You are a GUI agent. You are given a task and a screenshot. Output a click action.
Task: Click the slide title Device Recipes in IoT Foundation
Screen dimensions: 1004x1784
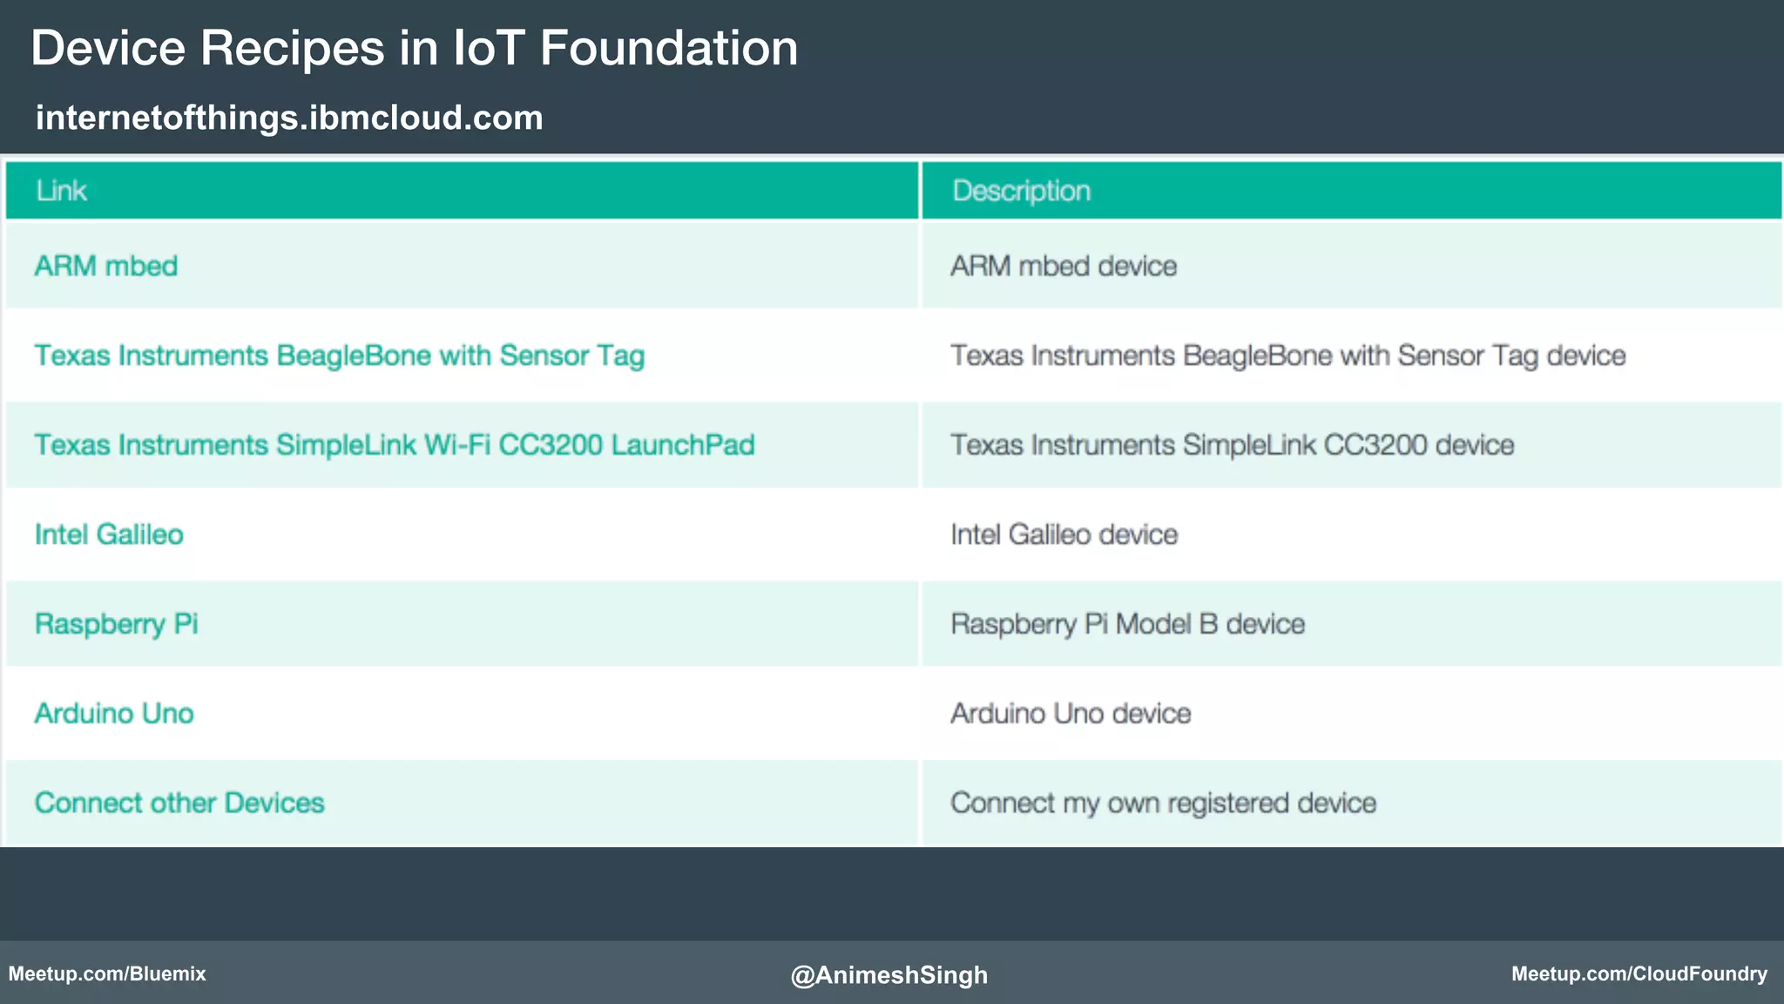pyautogui.click(x=414, y=48)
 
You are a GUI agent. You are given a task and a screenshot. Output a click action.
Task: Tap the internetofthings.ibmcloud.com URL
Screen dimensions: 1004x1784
pyautogui.click(x=289, y=118)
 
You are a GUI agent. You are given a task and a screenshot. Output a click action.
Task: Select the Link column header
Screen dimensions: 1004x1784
pyautogui.click(x=61, y=191)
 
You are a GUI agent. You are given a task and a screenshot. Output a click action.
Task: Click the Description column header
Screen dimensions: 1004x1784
pyautogui.click(x=1021, y=191)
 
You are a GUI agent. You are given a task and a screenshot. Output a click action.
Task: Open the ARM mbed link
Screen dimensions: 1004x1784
pyautogui.click(x=106, y=266)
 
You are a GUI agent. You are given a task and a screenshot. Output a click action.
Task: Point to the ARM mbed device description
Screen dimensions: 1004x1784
pyautogui.click(x=1064, y=266)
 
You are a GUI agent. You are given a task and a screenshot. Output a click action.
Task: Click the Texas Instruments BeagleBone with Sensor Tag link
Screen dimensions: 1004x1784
pyautogui.click(x=340, y=356)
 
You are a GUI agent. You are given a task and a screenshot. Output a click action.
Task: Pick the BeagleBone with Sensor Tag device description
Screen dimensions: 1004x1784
pyautogui.click(x=1288, y=356)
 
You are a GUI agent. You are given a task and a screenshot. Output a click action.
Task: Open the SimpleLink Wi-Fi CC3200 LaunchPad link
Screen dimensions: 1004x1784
pyautogui.click(x=395, y=445)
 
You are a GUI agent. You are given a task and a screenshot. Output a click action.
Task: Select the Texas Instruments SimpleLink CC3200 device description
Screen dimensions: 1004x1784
pyautogui.click(x=1232, y=445)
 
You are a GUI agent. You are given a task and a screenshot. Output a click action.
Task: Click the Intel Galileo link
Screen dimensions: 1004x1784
pyautogui.click(x=109, y=534)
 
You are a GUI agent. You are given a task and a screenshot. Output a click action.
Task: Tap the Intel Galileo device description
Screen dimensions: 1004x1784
pyautogui.click(x=1064, y=534)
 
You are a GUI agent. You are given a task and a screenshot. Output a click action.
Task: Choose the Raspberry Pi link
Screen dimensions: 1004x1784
pyautogui.click(x=117, y=624)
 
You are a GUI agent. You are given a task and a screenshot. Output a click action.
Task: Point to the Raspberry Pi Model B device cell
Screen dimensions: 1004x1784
pyautogui.click(x=1127, y=624)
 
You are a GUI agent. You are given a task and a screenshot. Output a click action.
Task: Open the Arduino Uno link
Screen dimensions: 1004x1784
pyautogui.click(x=114, y=714)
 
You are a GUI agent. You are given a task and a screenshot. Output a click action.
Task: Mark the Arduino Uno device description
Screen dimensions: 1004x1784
pyautogui.click(x=1071, y=714)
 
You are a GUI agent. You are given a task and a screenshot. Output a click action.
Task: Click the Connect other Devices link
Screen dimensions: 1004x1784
pyautogui.click(x=179, y=803)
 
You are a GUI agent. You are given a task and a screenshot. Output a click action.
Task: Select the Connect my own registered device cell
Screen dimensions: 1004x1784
pyautogui.click(x=1163, y=803)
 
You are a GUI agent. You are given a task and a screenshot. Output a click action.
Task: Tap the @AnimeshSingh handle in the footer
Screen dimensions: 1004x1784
pyautogui.click(x=889, y=974)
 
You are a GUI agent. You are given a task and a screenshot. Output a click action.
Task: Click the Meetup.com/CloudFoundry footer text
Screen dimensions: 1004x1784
pyautogui.click(x=1639, y=973)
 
